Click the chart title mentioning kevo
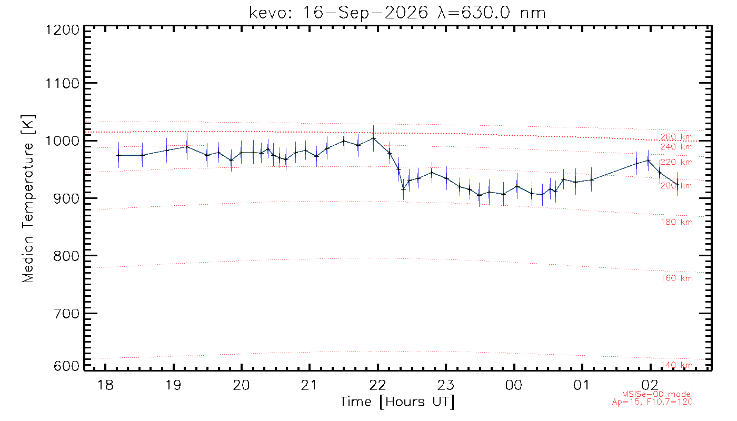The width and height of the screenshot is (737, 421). click(397, 13)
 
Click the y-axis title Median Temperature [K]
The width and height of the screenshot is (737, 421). click(28, 199)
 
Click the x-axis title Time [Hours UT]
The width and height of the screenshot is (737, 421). click(397, 402)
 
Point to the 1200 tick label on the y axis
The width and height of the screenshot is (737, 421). click(63, 31)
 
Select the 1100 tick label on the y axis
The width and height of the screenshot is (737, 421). click(63, 84)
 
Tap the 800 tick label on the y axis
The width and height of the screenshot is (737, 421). click(66, 256)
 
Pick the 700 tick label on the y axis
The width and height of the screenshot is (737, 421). click(66, 314)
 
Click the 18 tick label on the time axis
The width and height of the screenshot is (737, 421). click(106, 385)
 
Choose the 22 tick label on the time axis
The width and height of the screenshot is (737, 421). click(378, 385)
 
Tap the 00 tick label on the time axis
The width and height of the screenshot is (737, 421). click(514, 385)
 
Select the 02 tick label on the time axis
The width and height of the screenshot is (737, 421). click(650, 385)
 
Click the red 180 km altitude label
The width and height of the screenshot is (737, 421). click(676, 222)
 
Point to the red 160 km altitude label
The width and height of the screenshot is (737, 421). click(676, 278)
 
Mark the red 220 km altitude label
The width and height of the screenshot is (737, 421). click(676, 162)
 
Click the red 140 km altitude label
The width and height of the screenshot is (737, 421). click(676, 365)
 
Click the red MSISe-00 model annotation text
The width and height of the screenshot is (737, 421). click(658, 394)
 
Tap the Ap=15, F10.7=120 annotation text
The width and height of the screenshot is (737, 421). click(652, 402)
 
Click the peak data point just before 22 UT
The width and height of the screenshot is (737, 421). click(373, 138)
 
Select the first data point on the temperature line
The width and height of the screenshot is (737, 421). click(118, 155)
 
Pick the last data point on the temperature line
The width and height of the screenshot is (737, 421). click(678, 185)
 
